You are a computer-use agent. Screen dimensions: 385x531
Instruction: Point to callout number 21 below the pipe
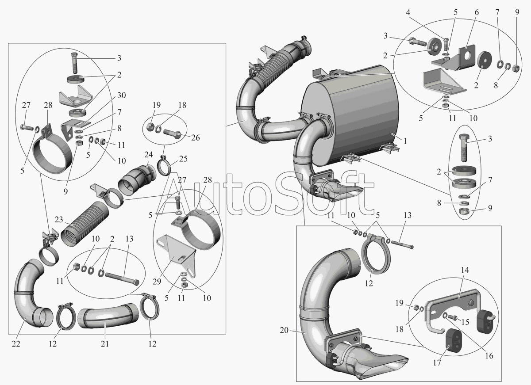pos(104,343)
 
